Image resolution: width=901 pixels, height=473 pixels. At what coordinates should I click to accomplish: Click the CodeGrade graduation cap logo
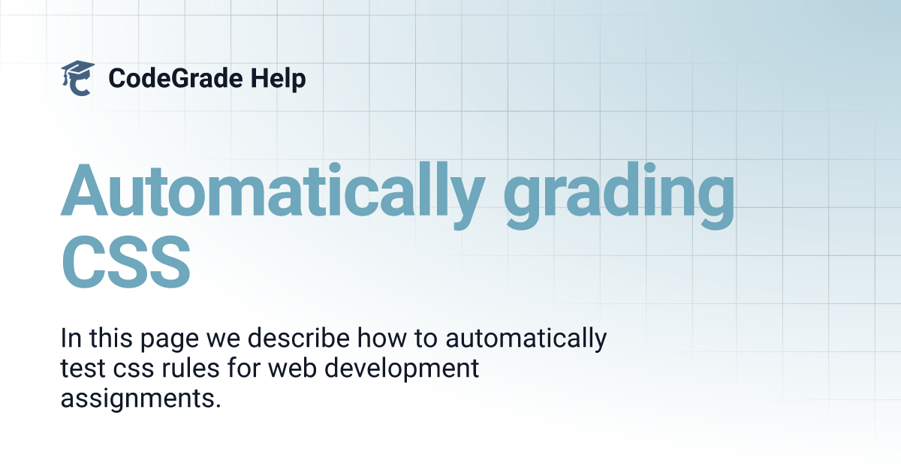(77, 78)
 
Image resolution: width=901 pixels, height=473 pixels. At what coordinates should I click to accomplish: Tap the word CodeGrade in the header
(176, 78)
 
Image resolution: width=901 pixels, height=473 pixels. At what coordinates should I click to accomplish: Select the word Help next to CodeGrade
(278, 79)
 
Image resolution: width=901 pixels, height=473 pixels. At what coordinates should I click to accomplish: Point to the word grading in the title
(619, 195)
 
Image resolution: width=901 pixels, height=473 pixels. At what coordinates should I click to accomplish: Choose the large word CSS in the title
(125, 262)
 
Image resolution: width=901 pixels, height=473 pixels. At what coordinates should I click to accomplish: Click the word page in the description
(170, 340)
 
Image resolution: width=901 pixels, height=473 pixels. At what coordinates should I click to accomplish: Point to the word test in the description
(83, 369)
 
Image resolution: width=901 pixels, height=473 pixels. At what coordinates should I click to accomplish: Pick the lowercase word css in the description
(134, 370)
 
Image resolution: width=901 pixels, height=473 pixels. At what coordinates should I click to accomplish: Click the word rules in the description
(190, 368)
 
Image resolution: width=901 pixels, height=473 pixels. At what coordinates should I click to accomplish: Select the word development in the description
(402, 369)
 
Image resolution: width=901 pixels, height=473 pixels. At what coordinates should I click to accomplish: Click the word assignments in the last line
(141, 399)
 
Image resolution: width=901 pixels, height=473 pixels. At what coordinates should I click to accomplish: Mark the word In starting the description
(71, 338)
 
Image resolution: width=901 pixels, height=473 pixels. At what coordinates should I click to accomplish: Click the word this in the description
(110, 338)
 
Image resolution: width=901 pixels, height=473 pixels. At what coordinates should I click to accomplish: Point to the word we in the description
(223, 340)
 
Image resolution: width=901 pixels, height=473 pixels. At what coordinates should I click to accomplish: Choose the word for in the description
(244, 368)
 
